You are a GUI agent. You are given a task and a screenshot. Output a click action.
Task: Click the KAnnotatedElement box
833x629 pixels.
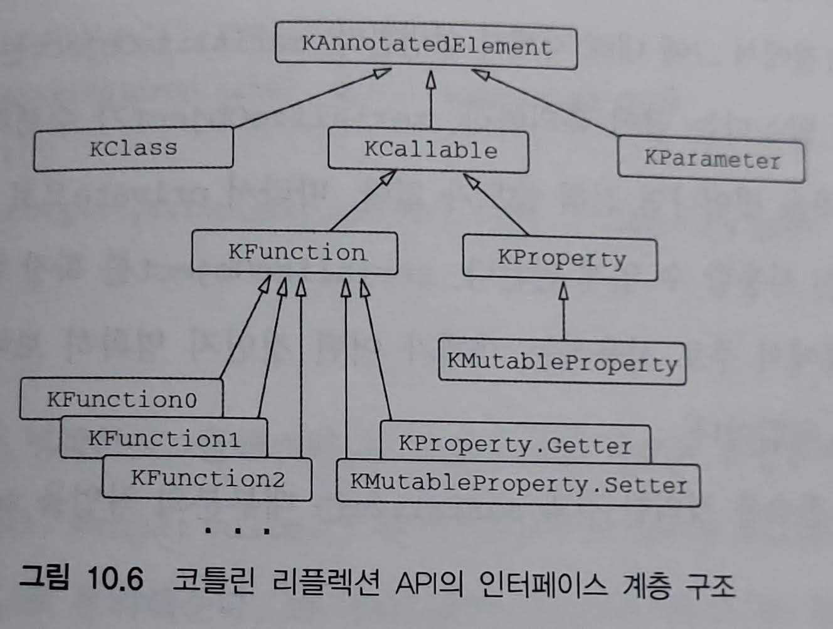click(426, 46)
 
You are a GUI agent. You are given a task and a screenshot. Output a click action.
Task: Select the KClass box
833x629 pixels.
click(133, 148)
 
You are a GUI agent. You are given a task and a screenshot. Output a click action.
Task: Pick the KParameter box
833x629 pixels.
click(711, 160)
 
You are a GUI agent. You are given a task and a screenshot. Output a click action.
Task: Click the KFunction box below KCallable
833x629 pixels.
click(295, 252)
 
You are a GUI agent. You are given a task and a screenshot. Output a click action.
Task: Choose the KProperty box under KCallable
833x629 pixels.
click(561, 259)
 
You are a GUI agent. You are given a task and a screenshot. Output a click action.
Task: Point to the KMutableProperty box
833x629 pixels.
click(562, 363)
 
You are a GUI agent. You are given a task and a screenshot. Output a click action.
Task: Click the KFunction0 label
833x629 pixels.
click(122, 399)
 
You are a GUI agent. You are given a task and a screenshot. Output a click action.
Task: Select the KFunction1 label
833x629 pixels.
click(164, 438)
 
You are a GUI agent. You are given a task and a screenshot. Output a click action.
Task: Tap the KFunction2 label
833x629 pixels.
click(208, 479)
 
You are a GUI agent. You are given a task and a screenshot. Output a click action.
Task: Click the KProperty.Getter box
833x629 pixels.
click(515, 444)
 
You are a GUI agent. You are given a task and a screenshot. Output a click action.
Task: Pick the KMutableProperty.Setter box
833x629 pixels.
click(518, 484)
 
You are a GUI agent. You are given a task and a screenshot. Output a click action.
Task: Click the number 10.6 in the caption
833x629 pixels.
click(115, 578)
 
